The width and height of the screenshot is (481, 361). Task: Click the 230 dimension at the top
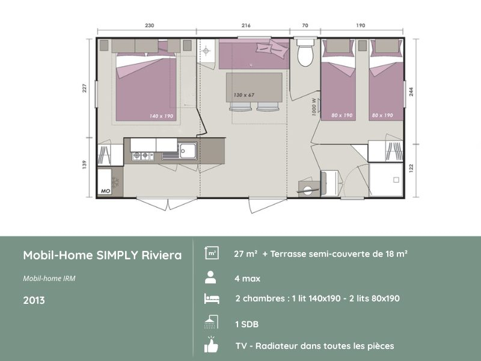[149, 25]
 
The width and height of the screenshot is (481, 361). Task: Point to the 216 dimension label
[245, 25]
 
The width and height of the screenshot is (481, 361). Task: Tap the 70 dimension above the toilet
[305, 25]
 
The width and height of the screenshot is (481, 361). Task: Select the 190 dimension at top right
[360, 25]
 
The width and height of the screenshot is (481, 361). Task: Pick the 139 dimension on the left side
[84, 164]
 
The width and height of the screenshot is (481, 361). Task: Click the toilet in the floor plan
[305, 54]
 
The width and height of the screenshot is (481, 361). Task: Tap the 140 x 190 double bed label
[161, 116]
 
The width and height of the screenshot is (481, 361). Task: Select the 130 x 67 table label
[244, 96]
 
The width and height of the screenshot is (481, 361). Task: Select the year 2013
[34, 300]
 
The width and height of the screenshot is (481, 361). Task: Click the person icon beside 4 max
[210, 277]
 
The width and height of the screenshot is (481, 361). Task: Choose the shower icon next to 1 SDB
[210, 322]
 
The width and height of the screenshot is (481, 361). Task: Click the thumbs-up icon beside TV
[210, 345]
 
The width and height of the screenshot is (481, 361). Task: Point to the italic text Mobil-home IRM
[49, 279]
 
